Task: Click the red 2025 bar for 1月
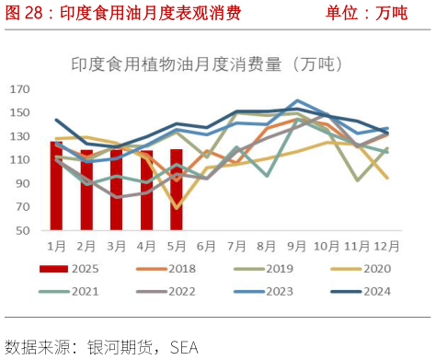(57, 185)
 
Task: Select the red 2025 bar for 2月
(86, 190)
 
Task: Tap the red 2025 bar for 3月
(117, 190)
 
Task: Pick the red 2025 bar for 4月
(146, 190)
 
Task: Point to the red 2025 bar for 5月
(177, 189)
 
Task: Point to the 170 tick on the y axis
(20, 89)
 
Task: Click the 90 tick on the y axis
(23, 183)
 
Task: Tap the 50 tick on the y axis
(23, 230)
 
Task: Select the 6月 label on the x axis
(206, 245)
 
